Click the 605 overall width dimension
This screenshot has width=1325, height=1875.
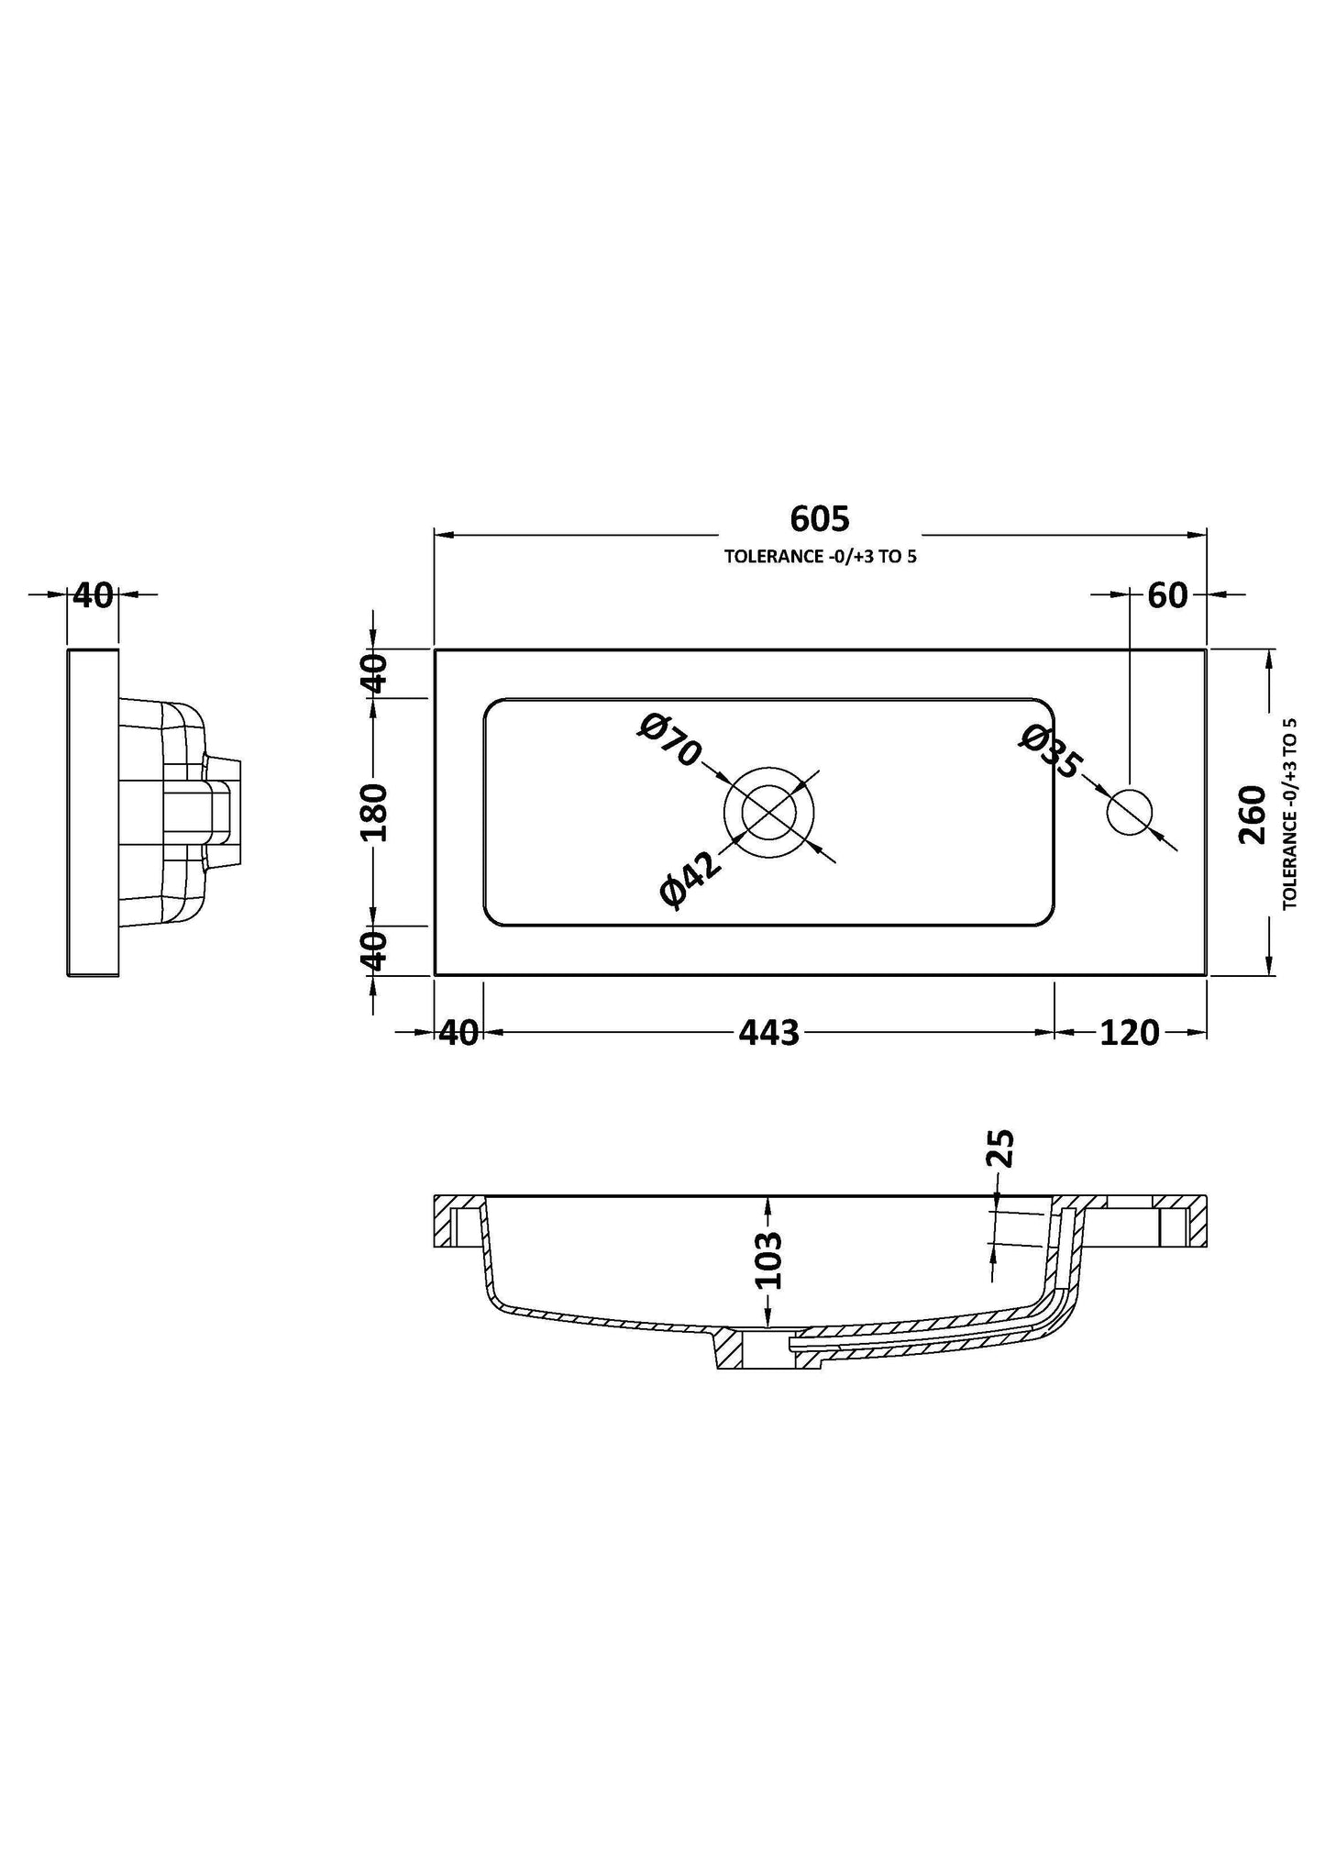tap(820, 519)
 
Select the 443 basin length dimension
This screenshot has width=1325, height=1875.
tap(769, 1034)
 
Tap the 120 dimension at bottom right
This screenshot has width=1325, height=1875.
tap(1129, 1034)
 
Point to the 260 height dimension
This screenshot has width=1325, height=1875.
tap(1252, 815)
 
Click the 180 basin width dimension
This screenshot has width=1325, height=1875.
tap(375, 813)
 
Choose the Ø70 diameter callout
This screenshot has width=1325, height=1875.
tap(670, 739)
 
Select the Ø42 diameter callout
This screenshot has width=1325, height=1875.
tap(690, 879)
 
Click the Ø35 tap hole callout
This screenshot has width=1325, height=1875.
tap(1051, 751)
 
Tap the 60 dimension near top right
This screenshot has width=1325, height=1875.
tap(1167, 596)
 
